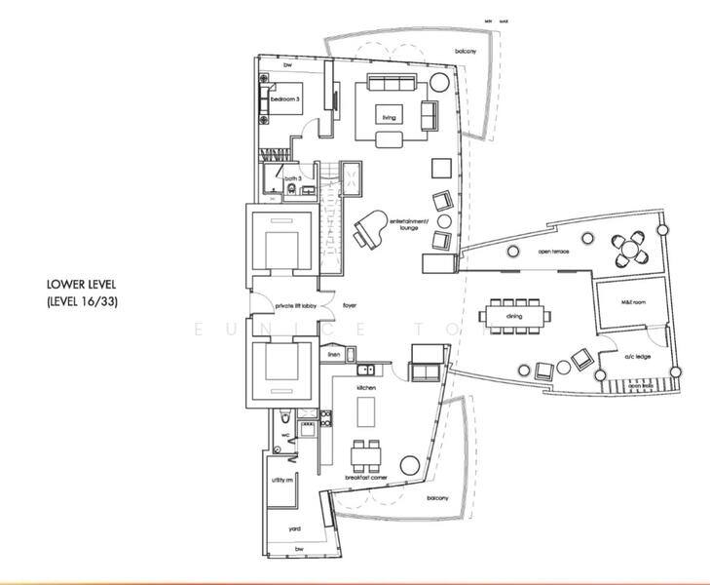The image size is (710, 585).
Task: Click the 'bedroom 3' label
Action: (x=285, y=99)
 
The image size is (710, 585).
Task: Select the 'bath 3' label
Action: (x=291, y=178)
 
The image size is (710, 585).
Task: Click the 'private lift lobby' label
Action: (x=295, y=305)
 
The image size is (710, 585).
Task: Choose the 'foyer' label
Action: (x=350, y=305)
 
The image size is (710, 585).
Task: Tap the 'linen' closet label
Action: (x=333, y=356)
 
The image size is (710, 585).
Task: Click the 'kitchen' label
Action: (x=366, y=387)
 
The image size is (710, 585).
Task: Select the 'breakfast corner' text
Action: (x=365, y=478)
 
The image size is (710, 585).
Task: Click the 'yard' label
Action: (x=294, y=528)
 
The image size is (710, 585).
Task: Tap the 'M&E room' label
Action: (x=633, y=303)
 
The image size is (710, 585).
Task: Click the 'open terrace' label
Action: (x=552, y=252)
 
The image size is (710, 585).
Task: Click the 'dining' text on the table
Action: (x=514, y=317)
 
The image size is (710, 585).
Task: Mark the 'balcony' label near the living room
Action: (x=466, y=52)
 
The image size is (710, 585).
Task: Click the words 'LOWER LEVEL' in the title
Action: (x=82, y=285)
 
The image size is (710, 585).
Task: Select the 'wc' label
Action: (x=285, y=435)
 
